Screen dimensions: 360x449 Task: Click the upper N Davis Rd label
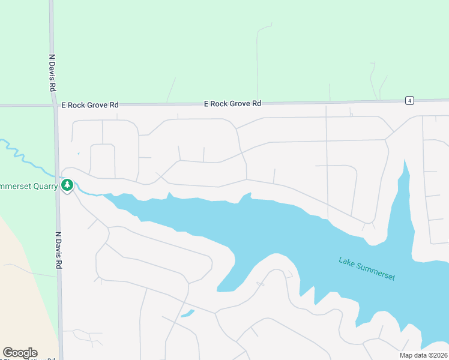pos(53,73)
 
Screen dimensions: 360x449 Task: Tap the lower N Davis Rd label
pos(58,250)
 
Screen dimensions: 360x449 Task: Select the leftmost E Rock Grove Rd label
pos(90,104)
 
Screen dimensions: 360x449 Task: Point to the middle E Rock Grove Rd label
pos(232,103)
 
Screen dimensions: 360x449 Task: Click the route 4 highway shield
pos(409,100)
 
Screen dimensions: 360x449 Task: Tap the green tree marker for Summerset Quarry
pos(67,185)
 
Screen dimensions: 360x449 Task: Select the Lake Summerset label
pos(367,269)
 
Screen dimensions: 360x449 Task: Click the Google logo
pos(20,353)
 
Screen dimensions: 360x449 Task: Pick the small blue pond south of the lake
pos(187,313)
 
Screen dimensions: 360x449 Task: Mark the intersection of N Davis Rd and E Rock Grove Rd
pos(55,106)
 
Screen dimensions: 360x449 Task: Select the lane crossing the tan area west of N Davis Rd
pos(30,271)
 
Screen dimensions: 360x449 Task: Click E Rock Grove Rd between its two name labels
pos(162,104)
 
